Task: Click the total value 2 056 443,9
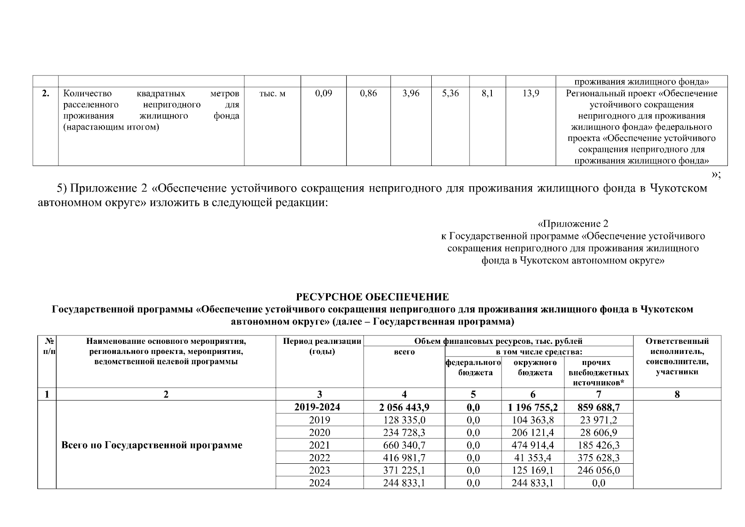tap(404, 407)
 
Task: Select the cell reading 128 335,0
tap(404, 420)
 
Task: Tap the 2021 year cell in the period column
tap(319, 445)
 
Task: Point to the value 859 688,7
tap(598, 407)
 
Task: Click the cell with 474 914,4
tap(533, 445)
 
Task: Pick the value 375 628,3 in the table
tap(598, 458)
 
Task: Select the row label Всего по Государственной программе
tap(152, 445)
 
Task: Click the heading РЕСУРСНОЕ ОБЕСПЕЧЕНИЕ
tap(372, 297)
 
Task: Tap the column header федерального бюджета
tap(473, 368)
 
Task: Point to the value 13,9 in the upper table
tap(530, 94)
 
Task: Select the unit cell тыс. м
tap(272, 94)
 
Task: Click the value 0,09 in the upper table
tap(323, 94)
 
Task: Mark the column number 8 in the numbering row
tap(677, 394)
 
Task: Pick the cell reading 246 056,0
tap(598, 470)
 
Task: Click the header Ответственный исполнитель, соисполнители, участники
tap(677, 356)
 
